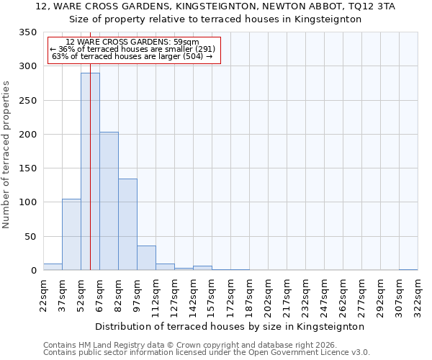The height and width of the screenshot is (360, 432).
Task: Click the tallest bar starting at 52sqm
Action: (90, 171)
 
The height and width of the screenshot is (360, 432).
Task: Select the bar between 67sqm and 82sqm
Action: (109, 201)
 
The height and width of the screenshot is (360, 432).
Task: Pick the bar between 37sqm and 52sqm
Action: (71, 235)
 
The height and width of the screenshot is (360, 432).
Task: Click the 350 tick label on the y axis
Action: (27, 32)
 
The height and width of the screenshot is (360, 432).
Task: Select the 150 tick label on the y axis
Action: (27, 168)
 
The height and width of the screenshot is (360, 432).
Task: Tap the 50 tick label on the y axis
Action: (30, 236)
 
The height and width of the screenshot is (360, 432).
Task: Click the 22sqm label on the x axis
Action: (44, 295)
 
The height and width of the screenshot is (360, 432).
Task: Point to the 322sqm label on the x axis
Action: (418, 295)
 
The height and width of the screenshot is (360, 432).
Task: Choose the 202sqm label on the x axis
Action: (269, 295)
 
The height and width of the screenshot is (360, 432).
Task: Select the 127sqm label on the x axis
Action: (175, 295)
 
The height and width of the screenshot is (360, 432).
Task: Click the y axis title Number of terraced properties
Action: (6, 154)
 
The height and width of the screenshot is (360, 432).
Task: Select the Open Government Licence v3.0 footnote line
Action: (207, 352)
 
